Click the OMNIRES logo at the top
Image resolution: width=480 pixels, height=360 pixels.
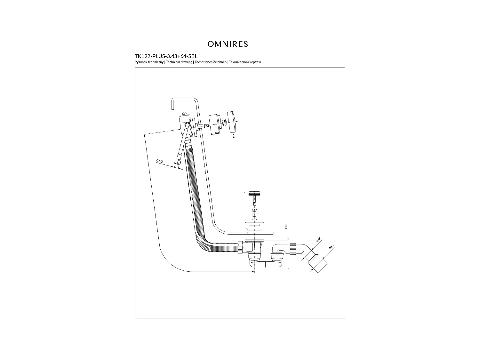point(228,44)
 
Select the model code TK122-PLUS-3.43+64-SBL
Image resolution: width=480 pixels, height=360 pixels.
point(166,56)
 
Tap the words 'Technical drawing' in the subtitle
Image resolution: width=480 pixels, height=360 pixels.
point(179,62)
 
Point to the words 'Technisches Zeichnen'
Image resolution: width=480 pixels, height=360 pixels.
point(211,62)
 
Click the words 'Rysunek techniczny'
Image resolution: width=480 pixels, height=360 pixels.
point(149,62)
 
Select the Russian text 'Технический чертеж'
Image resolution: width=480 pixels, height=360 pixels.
point(245,62)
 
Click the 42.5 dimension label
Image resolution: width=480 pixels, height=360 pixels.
point(184,114)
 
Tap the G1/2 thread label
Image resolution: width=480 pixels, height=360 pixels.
point(160,161)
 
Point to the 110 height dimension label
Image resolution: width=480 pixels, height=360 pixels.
point(286,227)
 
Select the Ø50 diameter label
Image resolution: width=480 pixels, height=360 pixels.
point(331,247)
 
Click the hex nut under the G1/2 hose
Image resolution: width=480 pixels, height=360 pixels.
point(177,163)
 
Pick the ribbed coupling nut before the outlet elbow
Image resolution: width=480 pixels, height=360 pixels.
point(293,249)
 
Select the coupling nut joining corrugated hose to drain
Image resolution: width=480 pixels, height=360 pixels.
point(240,247)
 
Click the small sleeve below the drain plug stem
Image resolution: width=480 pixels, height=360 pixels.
point(254,213)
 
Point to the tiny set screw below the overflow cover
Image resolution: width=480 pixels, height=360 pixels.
point(234,136)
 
